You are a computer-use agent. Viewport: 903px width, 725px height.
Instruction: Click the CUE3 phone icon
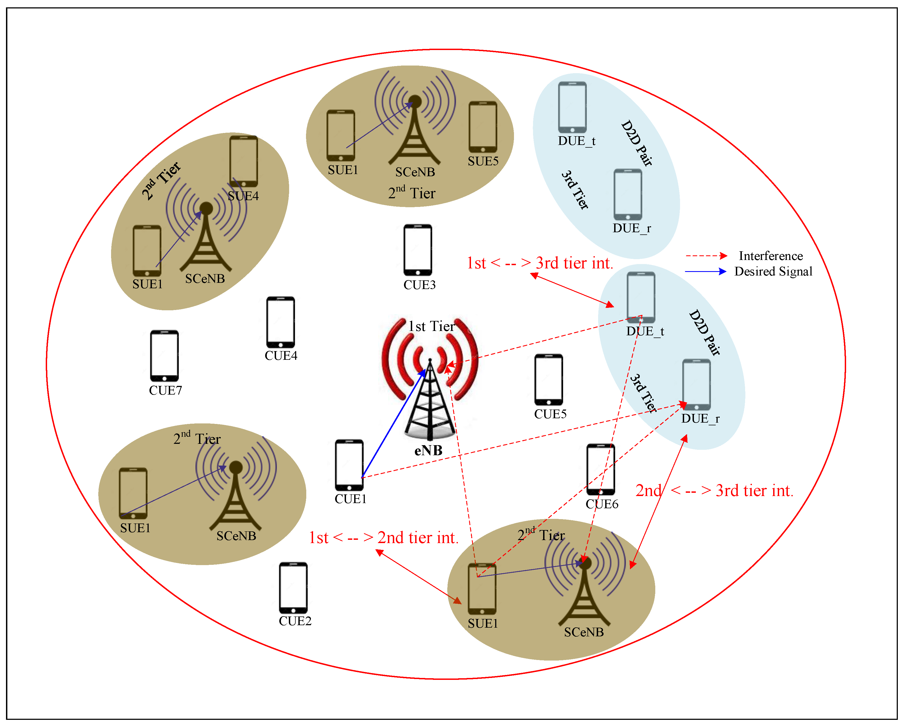418,250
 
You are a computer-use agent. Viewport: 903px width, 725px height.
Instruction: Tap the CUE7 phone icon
164,356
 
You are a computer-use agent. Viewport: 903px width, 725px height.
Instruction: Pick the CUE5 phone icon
548,379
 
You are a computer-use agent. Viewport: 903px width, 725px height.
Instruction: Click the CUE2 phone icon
293,587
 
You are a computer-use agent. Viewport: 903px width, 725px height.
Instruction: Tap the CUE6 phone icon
601,469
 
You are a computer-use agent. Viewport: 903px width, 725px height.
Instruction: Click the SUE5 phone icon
483,127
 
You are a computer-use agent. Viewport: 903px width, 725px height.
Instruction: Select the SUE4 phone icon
243,161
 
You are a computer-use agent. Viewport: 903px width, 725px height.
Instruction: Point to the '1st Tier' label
431,326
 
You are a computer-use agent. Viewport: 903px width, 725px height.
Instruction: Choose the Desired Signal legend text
773,271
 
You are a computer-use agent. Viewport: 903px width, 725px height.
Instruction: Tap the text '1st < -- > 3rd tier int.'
540,263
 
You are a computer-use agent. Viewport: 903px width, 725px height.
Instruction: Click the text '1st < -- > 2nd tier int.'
383,538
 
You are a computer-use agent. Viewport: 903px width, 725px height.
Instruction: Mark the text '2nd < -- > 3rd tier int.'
714,491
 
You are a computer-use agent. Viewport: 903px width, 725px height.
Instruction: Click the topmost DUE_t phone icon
572,107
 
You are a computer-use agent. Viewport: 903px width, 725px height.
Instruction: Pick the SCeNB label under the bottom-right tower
584,632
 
